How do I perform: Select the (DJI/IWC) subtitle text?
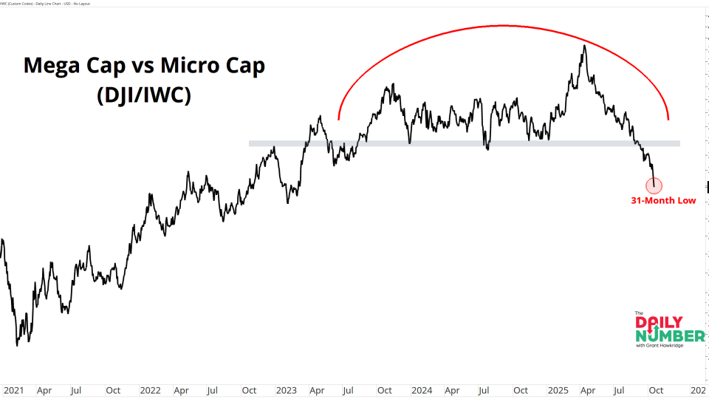tap(144, 95)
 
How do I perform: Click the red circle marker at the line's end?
tap(654, 185)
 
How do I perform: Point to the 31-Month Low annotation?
tap(662, 200)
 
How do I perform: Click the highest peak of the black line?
tap(584, 46)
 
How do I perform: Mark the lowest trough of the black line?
tap(17, 345)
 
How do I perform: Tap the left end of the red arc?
tap(338, 118)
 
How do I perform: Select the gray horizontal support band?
tap(464, 143)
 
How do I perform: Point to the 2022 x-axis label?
tap(150, 389)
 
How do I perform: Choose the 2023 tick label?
tap(286, 389)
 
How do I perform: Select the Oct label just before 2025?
tap(521, 389)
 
